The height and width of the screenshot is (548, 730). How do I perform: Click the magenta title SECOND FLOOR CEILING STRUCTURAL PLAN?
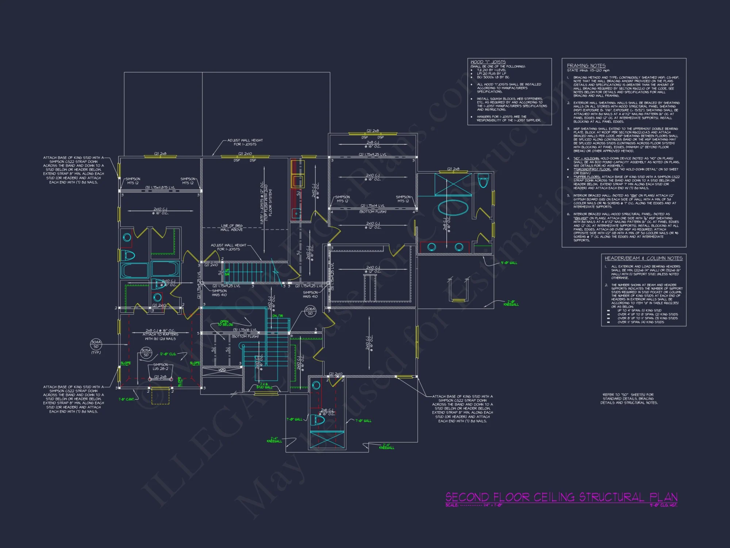click(561, 497)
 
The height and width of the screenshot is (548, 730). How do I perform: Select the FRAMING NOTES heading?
click(586, 65)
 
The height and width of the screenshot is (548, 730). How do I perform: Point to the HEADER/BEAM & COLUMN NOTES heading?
click(643, 258)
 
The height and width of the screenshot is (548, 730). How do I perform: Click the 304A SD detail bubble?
click(96, 344)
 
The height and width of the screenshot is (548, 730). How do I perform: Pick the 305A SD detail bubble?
click(146, 353)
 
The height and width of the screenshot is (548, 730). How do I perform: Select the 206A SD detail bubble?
click(310, 311)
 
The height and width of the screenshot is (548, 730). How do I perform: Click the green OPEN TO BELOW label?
click(225, 323)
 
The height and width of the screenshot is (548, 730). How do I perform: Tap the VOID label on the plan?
click(222, 370)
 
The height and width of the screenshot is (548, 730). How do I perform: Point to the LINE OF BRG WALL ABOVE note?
click(231, 228)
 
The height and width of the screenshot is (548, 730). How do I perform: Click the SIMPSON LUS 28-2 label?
click(161, 367)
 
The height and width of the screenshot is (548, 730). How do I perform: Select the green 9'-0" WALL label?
click(509, 263)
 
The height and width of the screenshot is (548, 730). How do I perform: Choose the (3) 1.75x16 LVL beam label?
click(245, 330)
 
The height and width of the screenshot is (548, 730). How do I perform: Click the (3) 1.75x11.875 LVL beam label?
click(160, 187)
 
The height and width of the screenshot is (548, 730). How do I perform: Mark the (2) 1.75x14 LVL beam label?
click(373, 206)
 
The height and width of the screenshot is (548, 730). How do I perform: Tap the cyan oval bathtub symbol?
click(453, 208)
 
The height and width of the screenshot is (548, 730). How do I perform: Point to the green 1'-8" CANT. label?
click(127, 399)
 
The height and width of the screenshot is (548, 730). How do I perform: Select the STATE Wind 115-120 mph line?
click(588, 71)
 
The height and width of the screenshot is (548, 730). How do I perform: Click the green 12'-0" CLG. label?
click(168, 354)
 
